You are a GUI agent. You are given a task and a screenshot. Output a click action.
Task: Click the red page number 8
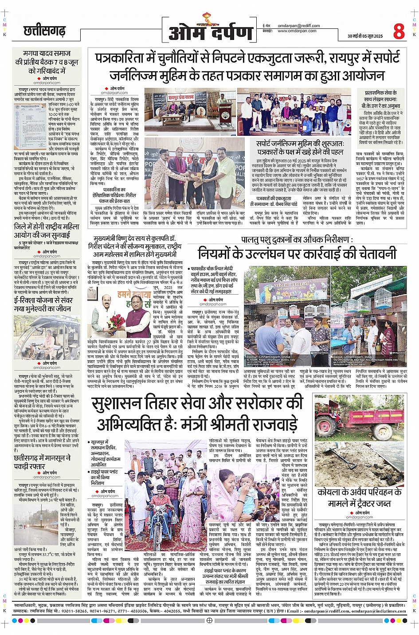click(x=399, y=32)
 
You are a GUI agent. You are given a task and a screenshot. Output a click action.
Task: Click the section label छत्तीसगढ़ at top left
click(x=44, y=31)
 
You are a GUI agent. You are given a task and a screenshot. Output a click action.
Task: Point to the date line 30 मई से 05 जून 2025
click(x=364, y=36)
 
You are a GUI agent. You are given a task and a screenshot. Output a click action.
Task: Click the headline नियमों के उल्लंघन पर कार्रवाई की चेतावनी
click(x=297, y=254)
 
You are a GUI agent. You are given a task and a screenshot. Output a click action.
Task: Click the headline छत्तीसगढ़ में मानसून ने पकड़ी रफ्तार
click(x=42, y=462)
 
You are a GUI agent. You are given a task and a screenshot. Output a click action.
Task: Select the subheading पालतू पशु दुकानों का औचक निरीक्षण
click(x=297, y=240)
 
